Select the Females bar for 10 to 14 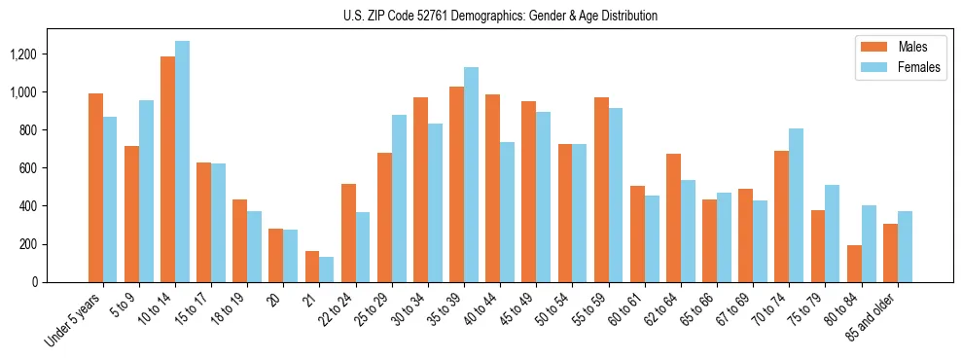(182, 162)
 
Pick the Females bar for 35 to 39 (471, 174)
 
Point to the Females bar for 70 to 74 (796, 205)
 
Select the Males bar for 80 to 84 (854, 264)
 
